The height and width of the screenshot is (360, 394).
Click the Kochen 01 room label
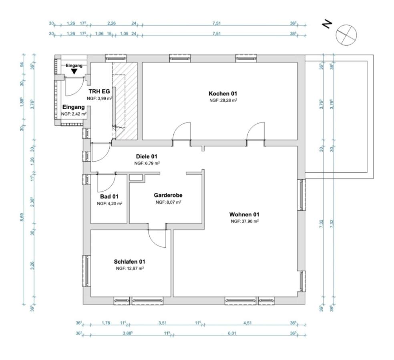pos(223,93)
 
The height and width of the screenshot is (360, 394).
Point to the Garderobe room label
pos(168,195)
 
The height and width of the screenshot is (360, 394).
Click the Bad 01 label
pos(109,196)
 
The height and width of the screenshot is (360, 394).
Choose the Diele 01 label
pos(147,156)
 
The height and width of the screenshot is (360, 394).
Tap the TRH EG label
pos(99,91)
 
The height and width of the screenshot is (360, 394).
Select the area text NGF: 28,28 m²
pos(223,100)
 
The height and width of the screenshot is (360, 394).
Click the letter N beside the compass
pos(327,25)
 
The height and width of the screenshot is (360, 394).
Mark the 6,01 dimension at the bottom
pos(231,333)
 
